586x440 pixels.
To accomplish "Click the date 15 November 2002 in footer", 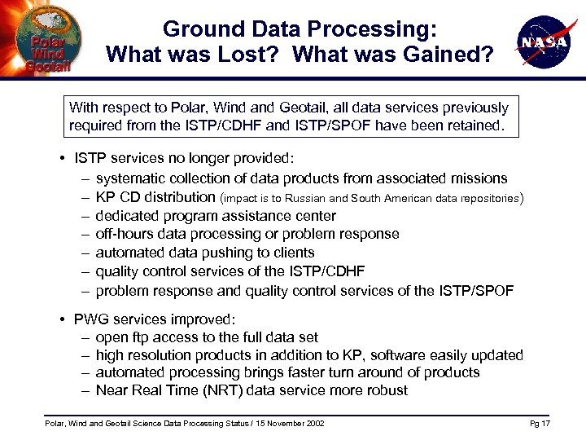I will (x=283, y=425).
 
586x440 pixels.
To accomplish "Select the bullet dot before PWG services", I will (x=63, y=319).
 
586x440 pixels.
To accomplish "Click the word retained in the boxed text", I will (x=479, y=125).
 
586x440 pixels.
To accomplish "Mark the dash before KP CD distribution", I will (x=85, y=197).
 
